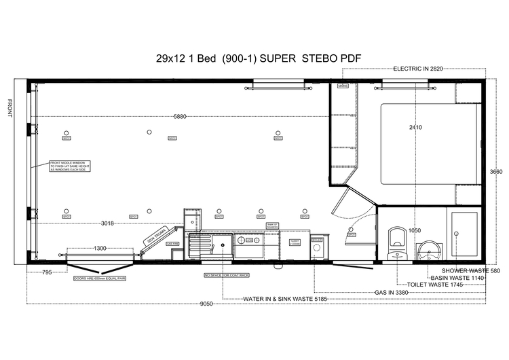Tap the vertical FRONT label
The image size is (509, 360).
[x=10, y=108]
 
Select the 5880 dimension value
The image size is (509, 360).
[x=180, y=117]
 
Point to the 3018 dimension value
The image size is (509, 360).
[x=107, y=223]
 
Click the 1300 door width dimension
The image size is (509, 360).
[x=100, y=249]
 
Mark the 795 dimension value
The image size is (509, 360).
[x=47, y=272]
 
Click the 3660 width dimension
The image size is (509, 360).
[x=496, y=172]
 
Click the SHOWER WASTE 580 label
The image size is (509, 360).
[x=461, y=271]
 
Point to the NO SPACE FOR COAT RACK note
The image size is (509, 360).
[x=227, y=275]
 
